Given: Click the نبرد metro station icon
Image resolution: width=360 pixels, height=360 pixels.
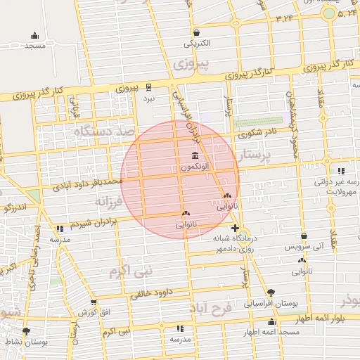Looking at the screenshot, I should tap(148, 88).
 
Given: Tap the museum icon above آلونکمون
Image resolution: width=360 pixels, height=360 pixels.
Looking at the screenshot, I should tap(194, 155).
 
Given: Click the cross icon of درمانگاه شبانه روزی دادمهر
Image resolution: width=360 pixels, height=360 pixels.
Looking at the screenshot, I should tap(235, 228).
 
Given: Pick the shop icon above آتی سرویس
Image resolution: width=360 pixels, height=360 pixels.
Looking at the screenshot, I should tap(304, 237).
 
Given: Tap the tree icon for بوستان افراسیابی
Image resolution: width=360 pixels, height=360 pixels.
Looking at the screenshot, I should tap(271, 292).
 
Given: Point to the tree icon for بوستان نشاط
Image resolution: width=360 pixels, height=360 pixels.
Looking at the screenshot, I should tap(26, 330).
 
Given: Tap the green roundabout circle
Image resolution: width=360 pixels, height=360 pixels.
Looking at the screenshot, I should tap(328, 13).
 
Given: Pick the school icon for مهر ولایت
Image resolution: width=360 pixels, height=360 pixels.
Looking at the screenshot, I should tap(341, 171).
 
